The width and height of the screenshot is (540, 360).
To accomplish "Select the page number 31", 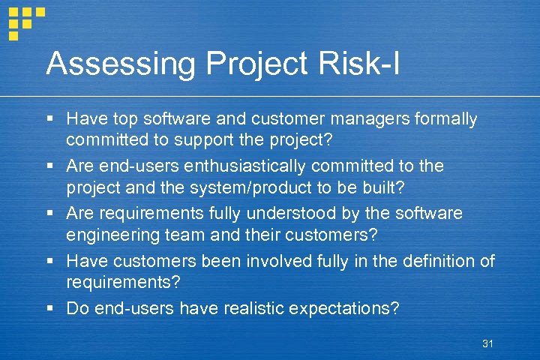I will (487, 343).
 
